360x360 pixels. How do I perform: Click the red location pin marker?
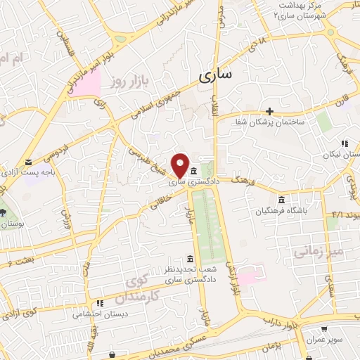point(180,165)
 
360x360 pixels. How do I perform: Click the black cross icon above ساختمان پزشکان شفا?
point(270,110)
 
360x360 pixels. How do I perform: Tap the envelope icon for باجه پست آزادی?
point(27,162)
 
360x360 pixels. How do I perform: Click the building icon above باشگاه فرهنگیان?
point(281,198)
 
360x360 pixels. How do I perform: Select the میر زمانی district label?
point(310,251)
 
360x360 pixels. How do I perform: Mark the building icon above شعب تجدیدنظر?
point(189,258)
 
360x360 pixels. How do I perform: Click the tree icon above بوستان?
point(2,212)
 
